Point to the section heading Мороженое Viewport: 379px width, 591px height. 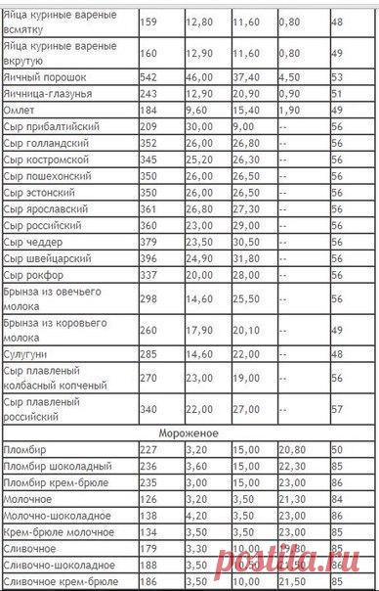(x=189, y=432)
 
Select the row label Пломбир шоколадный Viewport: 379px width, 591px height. (x=54, y=466)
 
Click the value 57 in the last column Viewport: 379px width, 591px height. (x=339, y=405)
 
